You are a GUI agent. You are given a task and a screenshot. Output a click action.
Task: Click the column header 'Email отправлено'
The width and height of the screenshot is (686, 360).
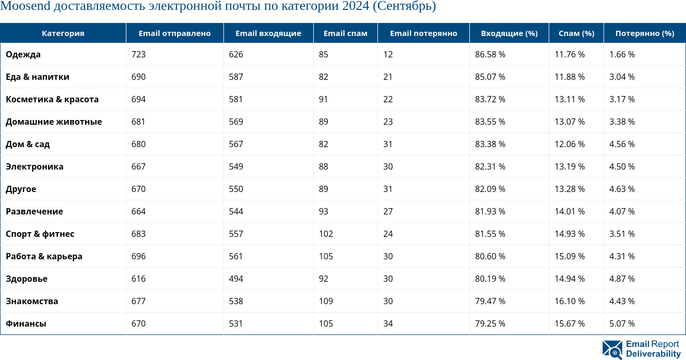coord(174,33)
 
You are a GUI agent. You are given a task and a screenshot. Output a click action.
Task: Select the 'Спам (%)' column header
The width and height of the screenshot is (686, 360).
coord(576,33)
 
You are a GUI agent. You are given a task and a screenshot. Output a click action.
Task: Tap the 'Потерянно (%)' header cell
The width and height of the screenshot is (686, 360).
coord(645,33)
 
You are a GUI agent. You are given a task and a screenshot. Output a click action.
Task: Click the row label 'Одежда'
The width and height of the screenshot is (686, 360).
coord(23,54)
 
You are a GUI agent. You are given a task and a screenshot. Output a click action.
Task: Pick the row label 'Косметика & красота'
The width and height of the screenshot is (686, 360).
coord(52,99)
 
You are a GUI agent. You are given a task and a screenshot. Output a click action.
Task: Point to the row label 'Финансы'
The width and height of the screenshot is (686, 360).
coord(26,323)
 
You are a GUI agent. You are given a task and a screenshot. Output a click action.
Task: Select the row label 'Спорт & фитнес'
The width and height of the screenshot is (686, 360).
coord(40,234)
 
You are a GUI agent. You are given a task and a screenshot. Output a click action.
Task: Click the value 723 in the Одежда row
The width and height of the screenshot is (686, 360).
coord(138,54)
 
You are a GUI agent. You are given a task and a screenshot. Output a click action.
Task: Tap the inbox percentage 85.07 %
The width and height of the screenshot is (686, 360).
coord(490,77)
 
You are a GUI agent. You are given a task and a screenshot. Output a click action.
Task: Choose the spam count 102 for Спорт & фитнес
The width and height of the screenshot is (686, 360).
coord(326,234)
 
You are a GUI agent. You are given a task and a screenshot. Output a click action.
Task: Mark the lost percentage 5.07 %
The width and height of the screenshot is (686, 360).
coord(622,323)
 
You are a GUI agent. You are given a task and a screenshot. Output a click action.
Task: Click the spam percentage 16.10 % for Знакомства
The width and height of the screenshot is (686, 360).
coord(570,301)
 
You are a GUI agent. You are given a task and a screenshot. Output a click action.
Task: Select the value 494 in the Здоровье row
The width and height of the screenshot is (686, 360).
coord(236,279)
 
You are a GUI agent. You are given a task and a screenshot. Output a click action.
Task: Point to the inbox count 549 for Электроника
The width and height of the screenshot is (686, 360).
coord(236,166)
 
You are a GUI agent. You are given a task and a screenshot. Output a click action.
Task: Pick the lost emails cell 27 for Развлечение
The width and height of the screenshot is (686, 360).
coord(387,211)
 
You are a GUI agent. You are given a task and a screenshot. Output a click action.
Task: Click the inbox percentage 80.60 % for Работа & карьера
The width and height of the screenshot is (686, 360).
coord(490,256)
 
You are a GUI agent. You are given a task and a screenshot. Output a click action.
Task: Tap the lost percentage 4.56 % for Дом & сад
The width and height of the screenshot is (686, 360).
coord(622,144)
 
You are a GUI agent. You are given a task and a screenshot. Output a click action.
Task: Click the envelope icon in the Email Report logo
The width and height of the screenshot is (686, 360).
coord(612,350)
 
